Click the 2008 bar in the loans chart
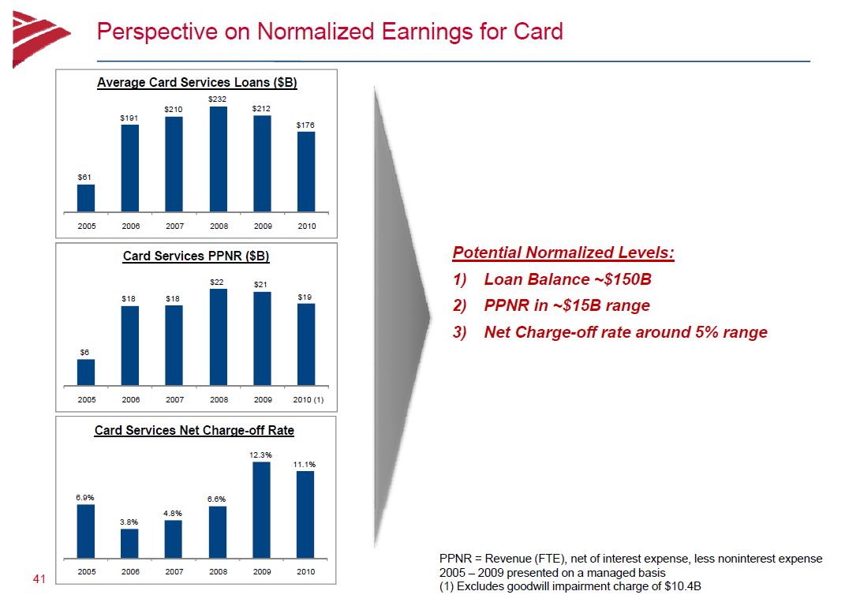[219, 159]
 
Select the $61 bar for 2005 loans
[86, 198]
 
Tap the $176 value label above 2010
[305, 125]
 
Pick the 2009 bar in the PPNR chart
[263, 339]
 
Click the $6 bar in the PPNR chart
[86, 372]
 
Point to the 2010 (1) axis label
[308, 399]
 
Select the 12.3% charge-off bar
[261, 510]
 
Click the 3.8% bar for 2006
[129, 544]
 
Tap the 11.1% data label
[305, 464]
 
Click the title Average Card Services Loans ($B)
[197, 83]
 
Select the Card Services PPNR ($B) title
[196, 256]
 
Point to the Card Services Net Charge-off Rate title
[195, 430]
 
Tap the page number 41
[39, 579]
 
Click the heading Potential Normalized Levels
[563, 252]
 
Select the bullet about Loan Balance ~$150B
[552, 279]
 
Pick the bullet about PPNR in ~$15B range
[551, 305]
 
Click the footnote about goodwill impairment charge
[570, 586]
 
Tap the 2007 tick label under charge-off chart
[174, 571]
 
